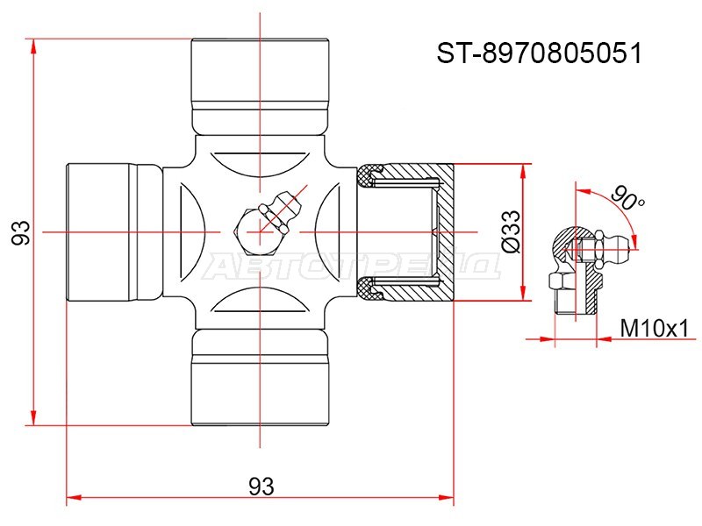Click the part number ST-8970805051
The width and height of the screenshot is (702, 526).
(540, 53)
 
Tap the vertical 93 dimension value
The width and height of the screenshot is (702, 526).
(21, 232)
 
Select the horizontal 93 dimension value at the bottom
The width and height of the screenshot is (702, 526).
(261, 487)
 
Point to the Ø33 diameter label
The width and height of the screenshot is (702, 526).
(512, 231)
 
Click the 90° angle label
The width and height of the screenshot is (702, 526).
(627, 197)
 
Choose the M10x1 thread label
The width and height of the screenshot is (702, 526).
(654, 330)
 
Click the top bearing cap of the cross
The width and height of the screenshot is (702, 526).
(260, 87)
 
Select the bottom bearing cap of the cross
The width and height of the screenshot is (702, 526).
(260, 378)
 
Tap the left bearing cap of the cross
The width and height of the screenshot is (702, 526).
(114, 232)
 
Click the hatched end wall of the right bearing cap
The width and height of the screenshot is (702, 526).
(445, 232)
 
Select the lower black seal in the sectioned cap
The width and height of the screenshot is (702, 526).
(369, 288)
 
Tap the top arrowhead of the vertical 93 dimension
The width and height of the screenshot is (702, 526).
(33, 46)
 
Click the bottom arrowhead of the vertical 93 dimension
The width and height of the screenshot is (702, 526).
(33, 418)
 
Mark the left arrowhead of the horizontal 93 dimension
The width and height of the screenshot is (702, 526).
(74, 497)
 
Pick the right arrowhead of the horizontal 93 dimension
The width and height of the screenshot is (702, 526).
(446, 497)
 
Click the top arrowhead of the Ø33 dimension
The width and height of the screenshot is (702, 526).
(523, 172)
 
